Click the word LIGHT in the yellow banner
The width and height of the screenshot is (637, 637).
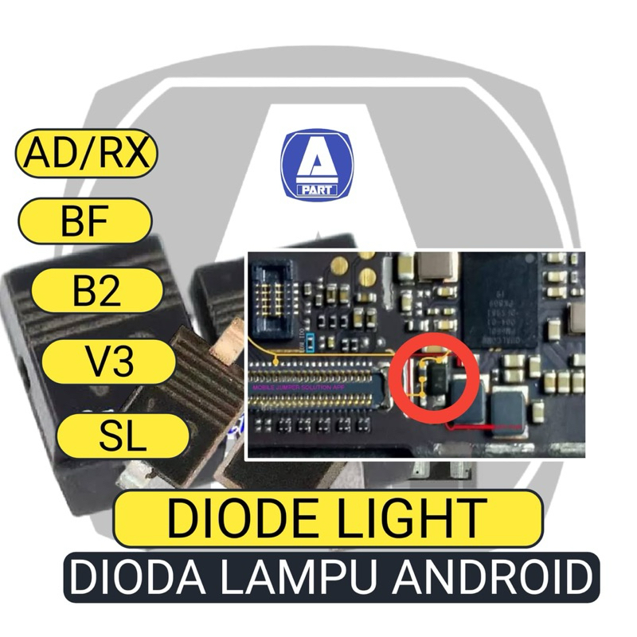coord(418,518)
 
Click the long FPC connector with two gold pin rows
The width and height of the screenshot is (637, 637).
coord(318,385)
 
